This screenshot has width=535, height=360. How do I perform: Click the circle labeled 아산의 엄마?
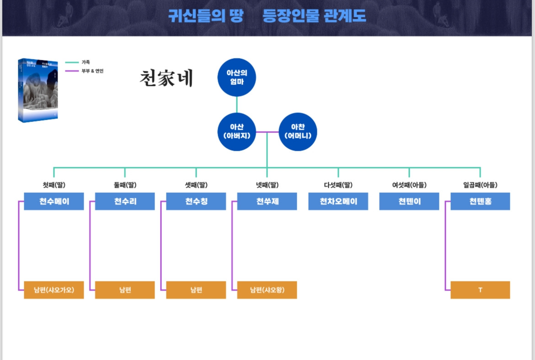click(236, 77)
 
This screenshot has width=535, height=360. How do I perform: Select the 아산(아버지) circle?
click(236, 132)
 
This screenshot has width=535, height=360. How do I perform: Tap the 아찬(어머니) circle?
click(298, 132)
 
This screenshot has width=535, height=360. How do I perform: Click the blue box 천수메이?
click(54, 201)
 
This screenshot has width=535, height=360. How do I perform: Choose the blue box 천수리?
click(125, 201)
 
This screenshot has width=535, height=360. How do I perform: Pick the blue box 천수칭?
click(196, 201)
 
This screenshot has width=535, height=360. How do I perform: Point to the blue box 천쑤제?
click(267, 201)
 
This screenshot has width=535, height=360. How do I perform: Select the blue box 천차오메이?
click(338, 201)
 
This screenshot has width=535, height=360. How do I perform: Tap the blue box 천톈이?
click(409, 201)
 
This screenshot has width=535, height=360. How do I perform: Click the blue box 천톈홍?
click(480, 201)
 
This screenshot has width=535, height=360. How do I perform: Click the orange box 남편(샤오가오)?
click(54, 290)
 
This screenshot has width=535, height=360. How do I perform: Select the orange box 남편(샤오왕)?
click(267, 290)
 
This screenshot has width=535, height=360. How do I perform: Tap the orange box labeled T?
click(480, 290)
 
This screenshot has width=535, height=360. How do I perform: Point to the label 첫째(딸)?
click(54, 185)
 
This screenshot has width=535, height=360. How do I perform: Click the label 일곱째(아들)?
click(480, 185)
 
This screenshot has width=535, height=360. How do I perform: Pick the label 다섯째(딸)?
click(338, 185)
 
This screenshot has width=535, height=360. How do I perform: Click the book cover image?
click(38, 90)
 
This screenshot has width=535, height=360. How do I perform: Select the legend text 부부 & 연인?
click(92, 71)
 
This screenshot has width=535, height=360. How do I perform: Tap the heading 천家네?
click(166, 79)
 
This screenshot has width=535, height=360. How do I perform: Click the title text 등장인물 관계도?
click(314, 16)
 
